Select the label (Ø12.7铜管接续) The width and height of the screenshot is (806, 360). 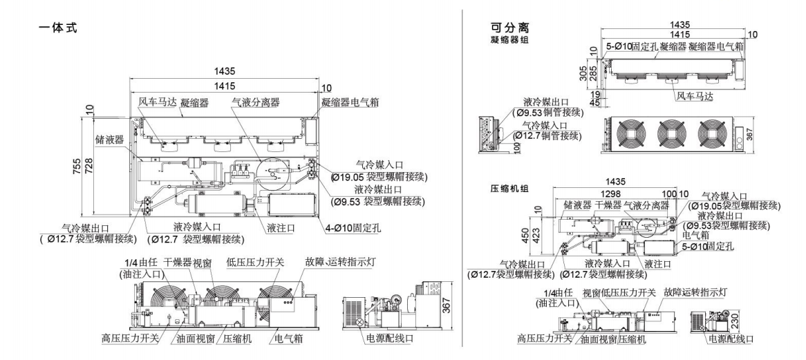point(550,135)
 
